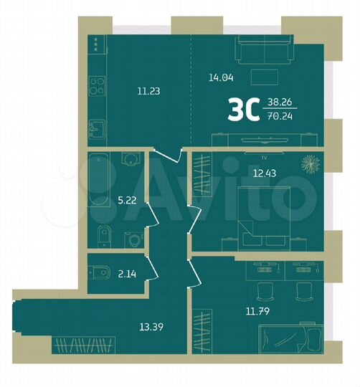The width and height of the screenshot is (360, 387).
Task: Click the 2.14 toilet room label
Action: point(125,274)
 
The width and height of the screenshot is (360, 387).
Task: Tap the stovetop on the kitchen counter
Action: point(96,92)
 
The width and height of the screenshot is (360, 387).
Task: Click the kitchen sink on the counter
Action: point(96,130)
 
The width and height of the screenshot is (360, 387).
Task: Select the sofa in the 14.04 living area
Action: point(263,52)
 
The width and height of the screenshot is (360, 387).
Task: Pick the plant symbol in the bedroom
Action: point(310,163)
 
